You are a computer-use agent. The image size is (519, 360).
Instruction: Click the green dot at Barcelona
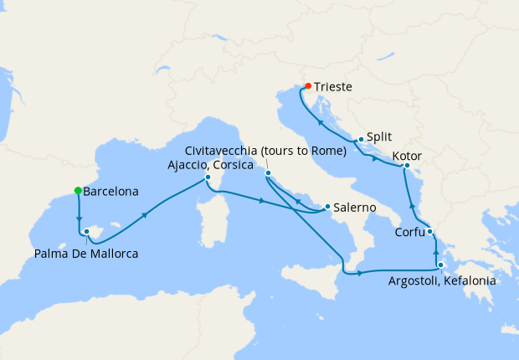click(x=78, y=191)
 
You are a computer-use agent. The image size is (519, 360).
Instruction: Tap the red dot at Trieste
click(x=308, y=86)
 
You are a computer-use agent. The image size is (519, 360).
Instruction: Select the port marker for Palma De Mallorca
click(x=87, y=231)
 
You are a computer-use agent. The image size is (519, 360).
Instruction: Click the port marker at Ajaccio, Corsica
click(x=208, y=177)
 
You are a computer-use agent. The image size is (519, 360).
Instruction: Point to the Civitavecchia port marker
click(x=269, y=174)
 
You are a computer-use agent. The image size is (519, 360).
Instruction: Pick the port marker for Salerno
click(x=326, y=207)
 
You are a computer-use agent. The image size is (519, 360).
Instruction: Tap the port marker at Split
click(x=360, y=140)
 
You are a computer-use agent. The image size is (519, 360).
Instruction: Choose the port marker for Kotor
click(x=405, y=166)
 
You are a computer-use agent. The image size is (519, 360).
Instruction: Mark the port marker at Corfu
click(x=429, y=232)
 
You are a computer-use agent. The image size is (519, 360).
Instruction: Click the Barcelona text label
click(x=111, y=191)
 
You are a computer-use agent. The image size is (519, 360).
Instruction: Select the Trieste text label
click(x=334, y=86)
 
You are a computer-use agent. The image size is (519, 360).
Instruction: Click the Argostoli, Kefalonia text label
click(x=442, y=281)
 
